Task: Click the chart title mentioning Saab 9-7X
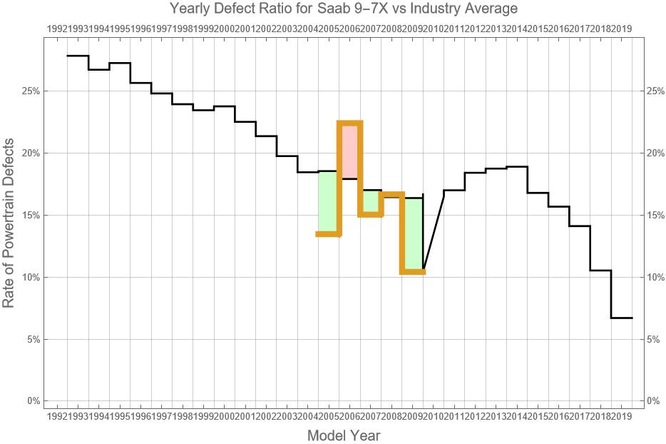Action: coord(344,9)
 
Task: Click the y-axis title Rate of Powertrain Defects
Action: coord(9,233)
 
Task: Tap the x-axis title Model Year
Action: coord(344,435)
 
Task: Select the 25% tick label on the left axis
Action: coord(30,91)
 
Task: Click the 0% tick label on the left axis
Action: coord(33,401)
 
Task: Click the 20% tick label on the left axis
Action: coord(30,153)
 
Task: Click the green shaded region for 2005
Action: coord(328,202)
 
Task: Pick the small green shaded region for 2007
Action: coord(371,201)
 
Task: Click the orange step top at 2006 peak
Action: coord(350,123)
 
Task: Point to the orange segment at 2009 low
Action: coord(413,271)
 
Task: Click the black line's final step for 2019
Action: coord(622,318)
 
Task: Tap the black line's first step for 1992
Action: coord(78,56)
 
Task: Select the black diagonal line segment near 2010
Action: coord(434,230)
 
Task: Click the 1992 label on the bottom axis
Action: coord(57,415)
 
